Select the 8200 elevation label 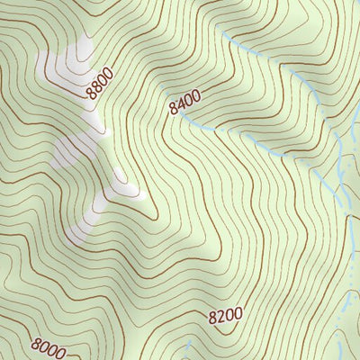(225, 315)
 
